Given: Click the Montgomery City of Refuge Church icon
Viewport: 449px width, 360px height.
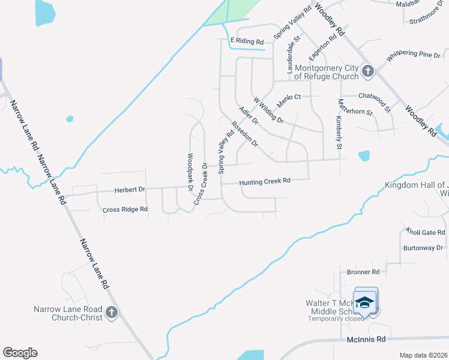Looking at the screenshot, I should click(368, 72).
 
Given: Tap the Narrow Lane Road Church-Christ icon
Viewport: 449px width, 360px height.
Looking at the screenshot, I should click(112, 312).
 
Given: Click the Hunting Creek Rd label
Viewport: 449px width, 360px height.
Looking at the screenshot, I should click(265, 181).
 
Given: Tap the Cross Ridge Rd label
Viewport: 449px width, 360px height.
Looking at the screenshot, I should click(125, 209).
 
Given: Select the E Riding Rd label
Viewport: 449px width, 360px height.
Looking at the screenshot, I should click(247, 41).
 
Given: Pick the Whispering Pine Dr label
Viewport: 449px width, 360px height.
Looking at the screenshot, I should click(414, 55).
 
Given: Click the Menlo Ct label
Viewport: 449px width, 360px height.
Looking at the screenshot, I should click(288, 97).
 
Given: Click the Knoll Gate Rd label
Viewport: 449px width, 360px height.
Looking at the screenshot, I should click(425, 232).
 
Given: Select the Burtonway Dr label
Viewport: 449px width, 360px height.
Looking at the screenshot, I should click(423, 247).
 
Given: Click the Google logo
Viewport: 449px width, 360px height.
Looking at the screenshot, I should click(20, 353).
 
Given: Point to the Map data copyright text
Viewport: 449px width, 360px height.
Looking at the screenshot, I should click(423, 355).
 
